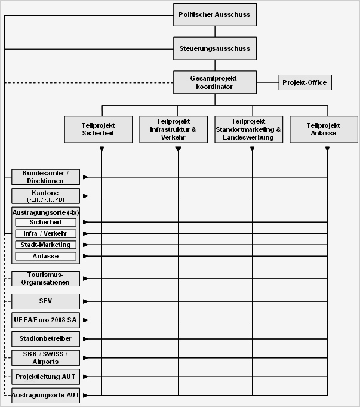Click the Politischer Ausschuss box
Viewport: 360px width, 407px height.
(x=214, y=14)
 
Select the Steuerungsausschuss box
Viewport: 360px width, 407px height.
(x=214, y=48)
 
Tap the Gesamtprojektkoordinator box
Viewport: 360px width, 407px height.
(x=214, y=82)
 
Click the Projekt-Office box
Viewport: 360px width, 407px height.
(x=304, y=82)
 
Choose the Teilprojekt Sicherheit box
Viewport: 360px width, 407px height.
(x=98, y=129)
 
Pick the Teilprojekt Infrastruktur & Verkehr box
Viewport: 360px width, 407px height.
(x=177, y=129)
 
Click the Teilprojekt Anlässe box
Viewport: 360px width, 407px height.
(x=323, y=129)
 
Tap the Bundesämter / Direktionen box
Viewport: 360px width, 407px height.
(x=45, y=177)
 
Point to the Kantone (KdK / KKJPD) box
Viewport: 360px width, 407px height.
(x=45, y=196)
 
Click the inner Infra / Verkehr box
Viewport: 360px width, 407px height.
(x=45, y=233)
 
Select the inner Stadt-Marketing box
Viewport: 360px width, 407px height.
(x=45, y=245)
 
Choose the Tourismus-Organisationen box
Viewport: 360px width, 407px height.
(x=45, y=278)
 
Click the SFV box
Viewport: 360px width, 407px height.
(x=45, y=301)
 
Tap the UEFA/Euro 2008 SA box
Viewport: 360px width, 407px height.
(x=45, y=320)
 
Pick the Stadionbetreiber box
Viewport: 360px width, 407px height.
(x=45, y=338)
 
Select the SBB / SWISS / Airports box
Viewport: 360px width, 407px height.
(x=45, y=357)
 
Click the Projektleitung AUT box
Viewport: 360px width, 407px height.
(x=45, y=377)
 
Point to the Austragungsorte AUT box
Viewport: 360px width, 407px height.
(x=45, y=395)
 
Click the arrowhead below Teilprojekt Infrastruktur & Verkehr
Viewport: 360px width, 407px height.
(x=177, y=149)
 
